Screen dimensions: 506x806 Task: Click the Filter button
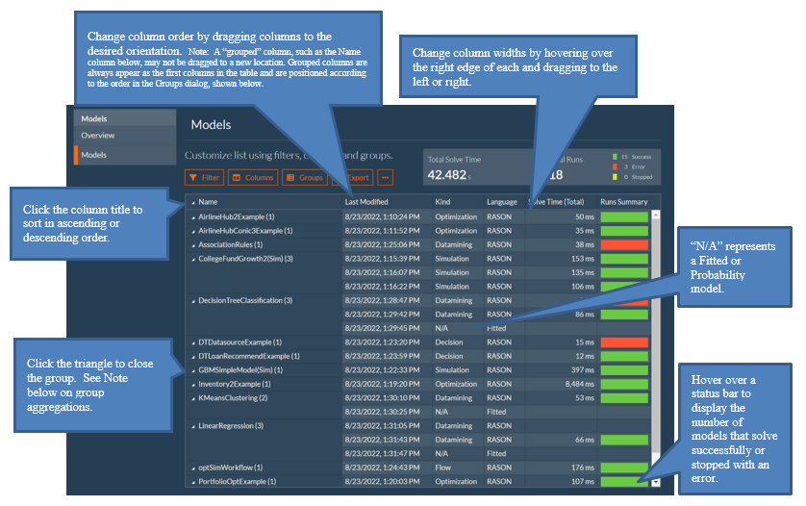click(x=204, y=178)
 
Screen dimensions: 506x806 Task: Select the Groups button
click(x=304, y=178)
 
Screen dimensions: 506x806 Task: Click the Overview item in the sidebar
click(x=98, y=136)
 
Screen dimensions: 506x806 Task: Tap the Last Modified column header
click(x=367, y=202)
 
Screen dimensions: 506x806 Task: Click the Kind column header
click(x=443, y=202)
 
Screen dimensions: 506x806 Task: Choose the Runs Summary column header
click(x=623, y=202)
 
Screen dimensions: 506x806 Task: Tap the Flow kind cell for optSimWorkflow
click(x=443, y=468)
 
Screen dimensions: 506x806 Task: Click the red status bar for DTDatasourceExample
click(x=623, y=342)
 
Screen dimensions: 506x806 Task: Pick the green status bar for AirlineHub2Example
click(x=623, y=216)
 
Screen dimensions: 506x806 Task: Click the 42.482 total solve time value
click(x=446, y=175)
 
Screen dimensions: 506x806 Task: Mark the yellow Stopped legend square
click(x=614, y=177)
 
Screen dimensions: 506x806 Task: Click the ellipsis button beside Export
click(x=386, y=178)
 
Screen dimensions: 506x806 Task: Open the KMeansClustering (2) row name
click(x=233, y=397)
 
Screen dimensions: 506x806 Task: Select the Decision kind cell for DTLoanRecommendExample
click(x=449, y=356)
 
